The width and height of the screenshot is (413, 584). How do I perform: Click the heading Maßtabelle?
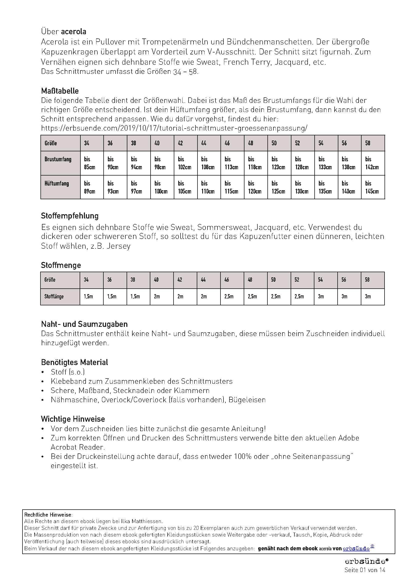[x=60, y=91]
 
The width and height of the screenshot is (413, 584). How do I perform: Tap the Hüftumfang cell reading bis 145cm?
[x=373, y=187]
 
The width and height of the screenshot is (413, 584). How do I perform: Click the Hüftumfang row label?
[x=57, y=184]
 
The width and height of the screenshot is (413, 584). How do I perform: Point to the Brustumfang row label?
[x=58, y=159]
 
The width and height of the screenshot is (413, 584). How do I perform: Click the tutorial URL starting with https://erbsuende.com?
[x=174, y=128]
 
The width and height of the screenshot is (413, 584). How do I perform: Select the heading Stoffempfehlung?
[x=70, y=216]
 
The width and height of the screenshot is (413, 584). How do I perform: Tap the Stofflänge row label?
[x=54, y=296]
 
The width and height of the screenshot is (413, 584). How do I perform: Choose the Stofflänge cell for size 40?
[x=157, y=296]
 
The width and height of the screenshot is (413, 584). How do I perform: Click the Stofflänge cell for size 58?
[x=368, y=296]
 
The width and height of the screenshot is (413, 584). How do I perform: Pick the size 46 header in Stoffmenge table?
[x=227, y=280]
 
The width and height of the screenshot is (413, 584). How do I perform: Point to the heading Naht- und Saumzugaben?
[x=84, y=324]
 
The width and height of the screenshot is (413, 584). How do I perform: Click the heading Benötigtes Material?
[x=74, y=362]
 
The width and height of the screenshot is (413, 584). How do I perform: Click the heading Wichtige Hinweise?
[x=73, y=419]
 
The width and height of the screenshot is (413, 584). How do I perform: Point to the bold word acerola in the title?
[x=73, y=31]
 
